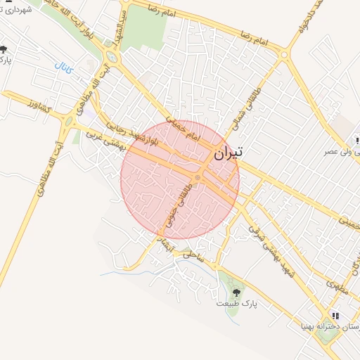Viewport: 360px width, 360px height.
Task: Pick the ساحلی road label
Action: click(194, 258)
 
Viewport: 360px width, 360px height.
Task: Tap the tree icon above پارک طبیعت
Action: click(235, 291)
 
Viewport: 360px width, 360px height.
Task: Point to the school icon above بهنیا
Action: click(336, 316)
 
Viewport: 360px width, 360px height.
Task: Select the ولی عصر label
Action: click(337, 151)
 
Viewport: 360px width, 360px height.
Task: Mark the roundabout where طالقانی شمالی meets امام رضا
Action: click(284, 53)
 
